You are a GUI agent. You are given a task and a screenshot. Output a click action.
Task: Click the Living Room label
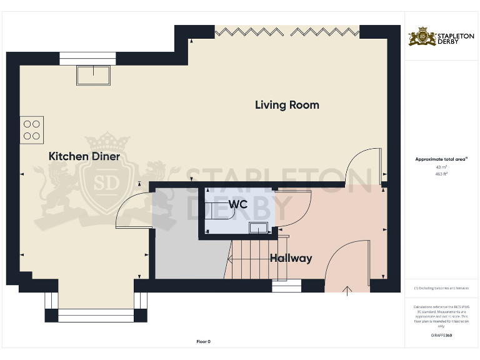[287, 105]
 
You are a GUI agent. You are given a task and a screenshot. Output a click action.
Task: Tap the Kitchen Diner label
[84, 156]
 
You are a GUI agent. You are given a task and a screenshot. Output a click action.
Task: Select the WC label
[238, 204]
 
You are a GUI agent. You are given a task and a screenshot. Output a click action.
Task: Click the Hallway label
[291, 257]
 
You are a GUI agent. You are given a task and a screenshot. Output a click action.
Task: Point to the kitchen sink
[94, 76]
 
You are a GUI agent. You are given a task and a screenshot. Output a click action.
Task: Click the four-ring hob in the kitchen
[32, 129]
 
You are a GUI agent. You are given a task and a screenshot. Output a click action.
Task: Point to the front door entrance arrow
[347, 289]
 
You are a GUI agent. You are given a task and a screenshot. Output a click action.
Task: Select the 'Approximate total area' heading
[441, 159]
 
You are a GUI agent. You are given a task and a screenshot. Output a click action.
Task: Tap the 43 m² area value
[441, 167]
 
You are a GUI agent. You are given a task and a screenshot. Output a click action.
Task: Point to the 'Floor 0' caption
[204, 341]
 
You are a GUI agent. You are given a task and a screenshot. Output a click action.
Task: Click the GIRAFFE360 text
[441, 336]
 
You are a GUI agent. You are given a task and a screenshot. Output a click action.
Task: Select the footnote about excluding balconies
[441, 288]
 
